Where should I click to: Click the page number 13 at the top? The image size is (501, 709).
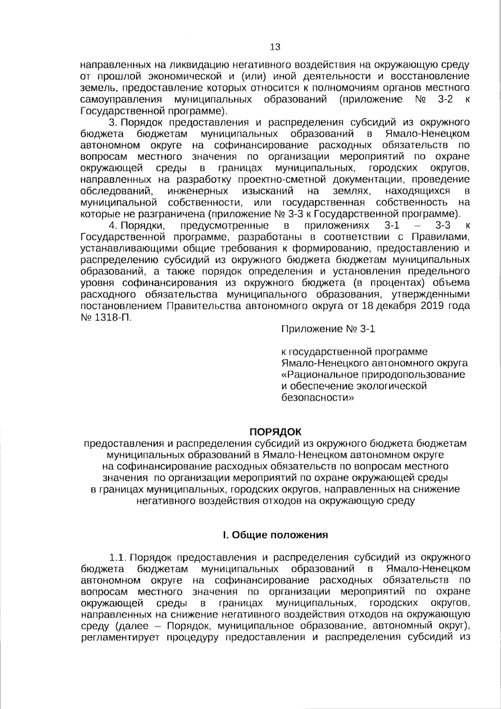pyautogui.click(x=275, y=47)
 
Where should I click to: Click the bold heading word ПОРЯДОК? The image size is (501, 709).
pyautogui.click(x=275, y=431)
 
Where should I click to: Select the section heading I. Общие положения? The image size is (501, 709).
pyautogui.click(x=275, y=535)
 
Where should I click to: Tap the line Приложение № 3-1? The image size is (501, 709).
pyautogui.click(x=329, y=329)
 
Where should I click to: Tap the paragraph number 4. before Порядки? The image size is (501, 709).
pyautogui.click(x=113, y=226)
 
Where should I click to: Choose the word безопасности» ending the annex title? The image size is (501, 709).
pyautogui.click(x=318, y=397)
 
